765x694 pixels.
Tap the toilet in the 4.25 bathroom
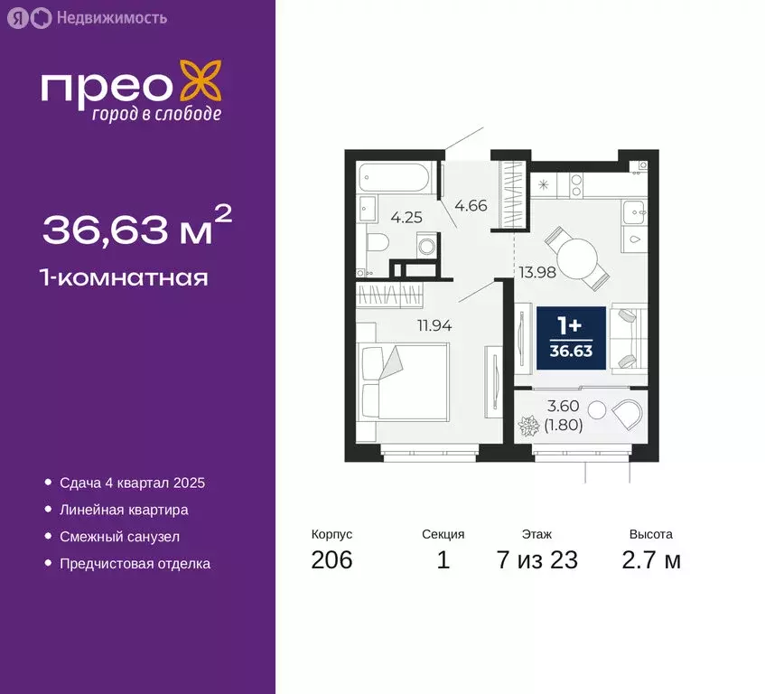pos(378,242)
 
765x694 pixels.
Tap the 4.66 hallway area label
pos(471,205)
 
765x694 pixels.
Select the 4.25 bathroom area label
pos(406,217)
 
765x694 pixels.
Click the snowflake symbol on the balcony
pos(528,424)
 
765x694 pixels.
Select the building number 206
pos(331,560)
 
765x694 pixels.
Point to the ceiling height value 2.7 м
pos(650,560)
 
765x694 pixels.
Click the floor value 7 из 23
pos(536,560)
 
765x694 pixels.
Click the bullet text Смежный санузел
pos(120,537)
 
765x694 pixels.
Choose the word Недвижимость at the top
pos(111,17)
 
